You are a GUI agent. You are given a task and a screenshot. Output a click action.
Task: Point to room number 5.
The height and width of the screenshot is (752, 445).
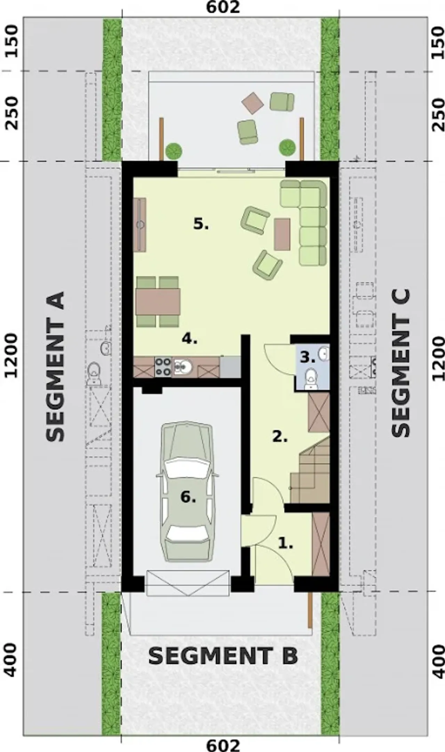[x=201, y=224]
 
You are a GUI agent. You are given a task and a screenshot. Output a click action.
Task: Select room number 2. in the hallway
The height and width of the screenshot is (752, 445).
[x=280, y=437]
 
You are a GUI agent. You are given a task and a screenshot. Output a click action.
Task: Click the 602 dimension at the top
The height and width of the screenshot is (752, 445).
[x=223, y=7]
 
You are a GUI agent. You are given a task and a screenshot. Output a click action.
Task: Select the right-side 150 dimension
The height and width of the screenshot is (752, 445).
[x=437, y=43]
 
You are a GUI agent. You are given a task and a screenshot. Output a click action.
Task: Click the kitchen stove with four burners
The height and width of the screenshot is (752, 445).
[x=163, y=366]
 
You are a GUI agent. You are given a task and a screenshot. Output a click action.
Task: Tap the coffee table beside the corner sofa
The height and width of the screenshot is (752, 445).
[x=282, y=234]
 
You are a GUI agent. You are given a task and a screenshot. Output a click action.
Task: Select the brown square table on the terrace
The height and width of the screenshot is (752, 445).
[x=253, y=102]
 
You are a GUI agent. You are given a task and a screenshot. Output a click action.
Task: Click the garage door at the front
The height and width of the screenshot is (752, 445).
[x=188, y=583]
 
